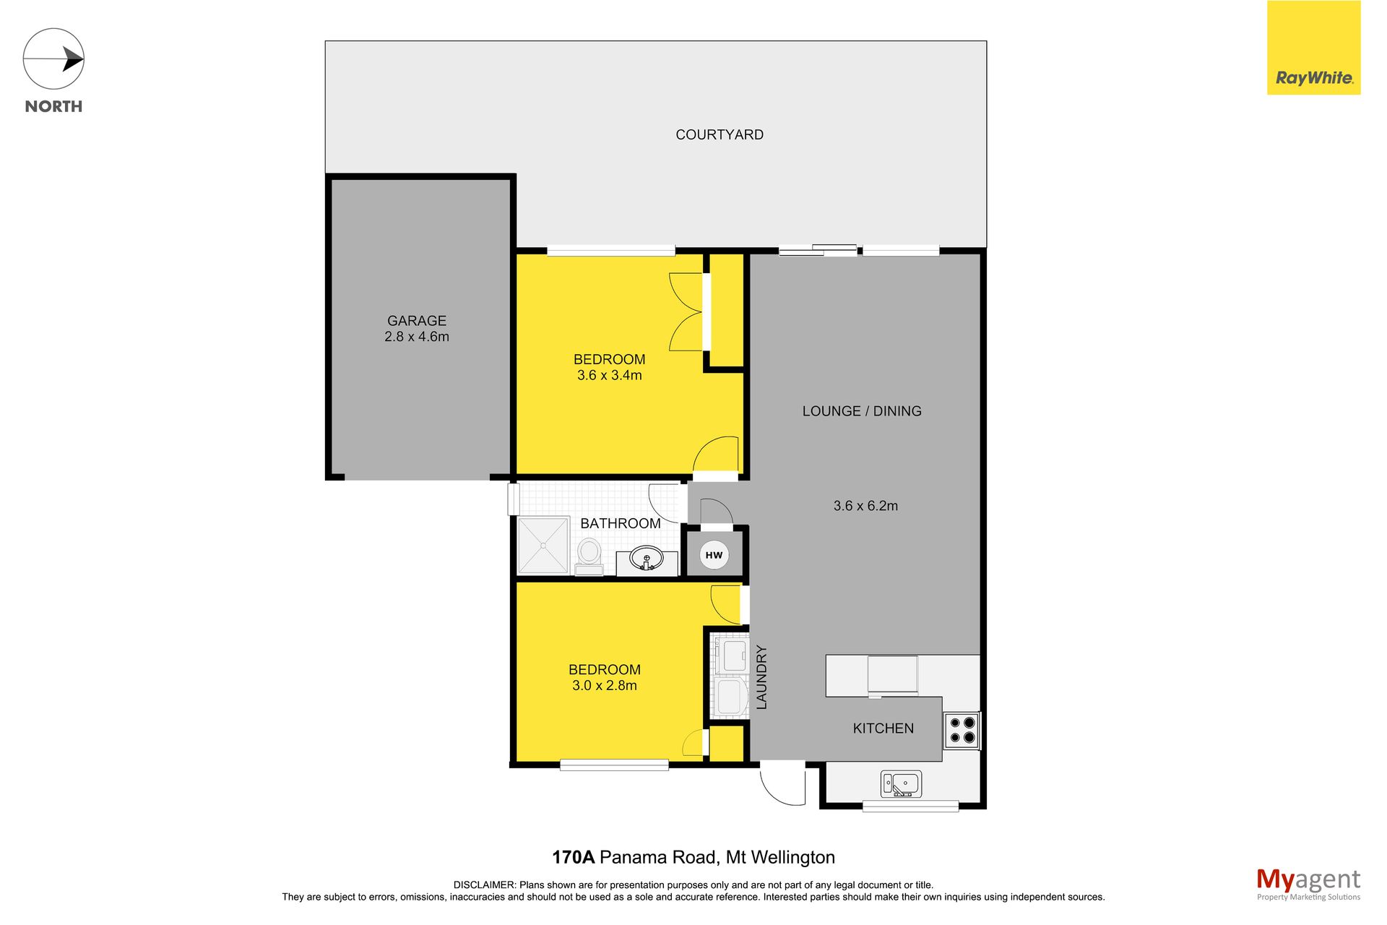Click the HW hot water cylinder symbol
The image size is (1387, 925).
click(714, 555)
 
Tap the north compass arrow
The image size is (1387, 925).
click(73, 59)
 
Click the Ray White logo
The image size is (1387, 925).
click(1313, 48)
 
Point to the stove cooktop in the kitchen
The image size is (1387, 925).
click(962, 730)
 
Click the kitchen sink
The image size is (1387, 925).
click(901, 784)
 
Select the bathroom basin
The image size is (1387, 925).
click(647, 559)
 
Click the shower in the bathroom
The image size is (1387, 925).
click(543, 545)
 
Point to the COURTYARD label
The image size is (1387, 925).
click(720, 134)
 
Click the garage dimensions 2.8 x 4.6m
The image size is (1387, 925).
click(417, 337)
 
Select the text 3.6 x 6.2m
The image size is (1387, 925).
click(865, 506)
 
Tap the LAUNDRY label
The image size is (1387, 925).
click(761, 677)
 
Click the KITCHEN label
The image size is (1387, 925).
click(883, 728)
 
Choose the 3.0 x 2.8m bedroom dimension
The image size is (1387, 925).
click(605, 686)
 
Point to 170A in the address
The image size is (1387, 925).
click(573, 857)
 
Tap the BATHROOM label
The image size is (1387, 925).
click(621, 523)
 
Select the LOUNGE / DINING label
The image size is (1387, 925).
click(862, 411)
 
